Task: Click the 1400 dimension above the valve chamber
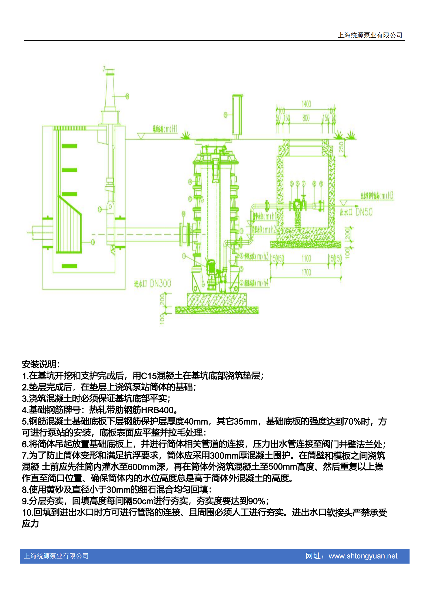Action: point(306,104)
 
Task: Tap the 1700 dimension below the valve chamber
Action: point(306,272)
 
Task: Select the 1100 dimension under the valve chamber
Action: point(306,259)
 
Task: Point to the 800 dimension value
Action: point(306,118)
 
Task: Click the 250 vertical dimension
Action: point(341,147)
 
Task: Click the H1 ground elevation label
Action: point(174,129)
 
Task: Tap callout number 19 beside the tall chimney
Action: point(127,96)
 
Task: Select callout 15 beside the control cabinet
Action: point(225,115)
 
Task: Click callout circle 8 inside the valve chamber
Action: point(314,184)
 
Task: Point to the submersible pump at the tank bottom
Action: point(211,268)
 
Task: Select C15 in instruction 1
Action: point(149,376)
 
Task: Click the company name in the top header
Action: point(370,35)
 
